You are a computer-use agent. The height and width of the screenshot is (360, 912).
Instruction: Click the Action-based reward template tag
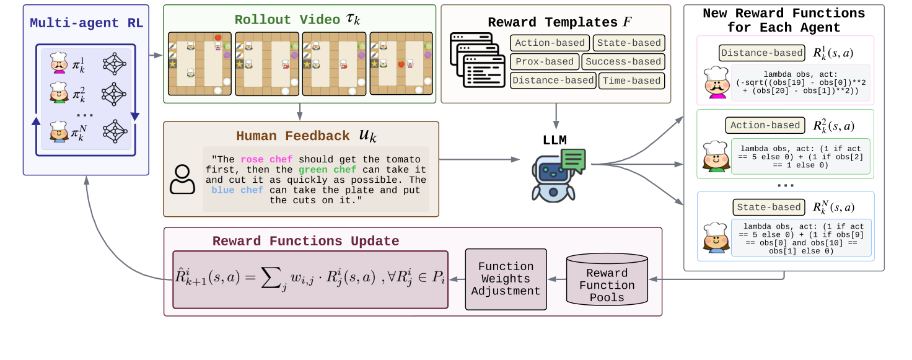(550, 43)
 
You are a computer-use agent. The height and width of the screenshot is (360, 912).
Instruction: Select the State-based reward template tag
(628, 43)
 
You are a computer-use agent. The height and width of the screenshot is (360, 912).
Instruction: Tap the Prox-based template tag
(545, 62)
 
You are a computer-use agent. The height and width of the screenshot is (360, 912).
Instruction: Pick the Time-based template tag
(631, 81)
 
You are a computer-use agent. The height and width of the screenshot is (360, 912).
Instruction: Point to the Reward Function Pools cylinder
(607, 279)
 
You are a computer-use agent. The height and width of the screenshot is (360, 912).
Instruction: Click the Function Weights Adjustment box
(506, 279)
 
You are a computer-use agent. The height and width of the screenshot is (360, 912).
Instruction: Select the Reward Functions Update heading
(305, 241)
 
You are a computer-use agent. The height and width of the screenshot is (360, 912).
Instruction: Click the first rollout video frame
(200, 63)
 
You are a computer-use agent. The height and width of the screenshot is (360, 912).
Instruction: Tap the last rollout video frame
(401, 63)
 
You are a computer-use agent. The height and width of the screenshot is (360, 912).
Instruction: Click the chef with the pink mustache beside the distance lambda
(716, 82)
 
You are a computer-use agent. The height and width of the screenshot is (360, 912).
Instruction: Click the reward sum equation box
(310, 279)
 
